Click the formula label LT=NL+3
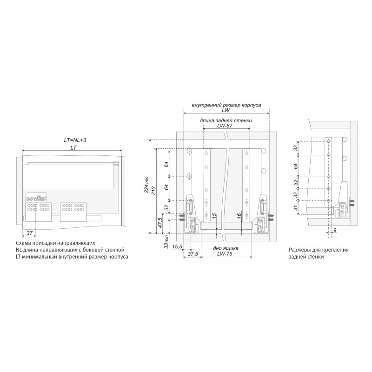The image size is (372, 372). [x=75, y=140]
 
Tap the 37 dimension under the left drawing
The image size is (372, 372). [x=29, y=233]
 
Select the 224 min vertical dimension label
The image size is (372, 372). [x=146, y=184]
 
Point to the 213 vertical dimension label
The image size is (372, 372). [x=153, y=191]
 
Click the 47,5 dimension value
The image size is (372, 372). [x=159, y=223]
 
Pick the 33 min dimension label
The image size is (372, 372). [x=166, y=241]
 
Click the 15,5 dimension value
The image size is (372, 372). [x=177, y=246]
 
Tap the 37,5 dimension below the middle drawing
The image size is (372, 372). [x=193, y=254]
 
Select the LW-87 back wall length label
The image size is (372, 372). [x=225, y=126]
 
